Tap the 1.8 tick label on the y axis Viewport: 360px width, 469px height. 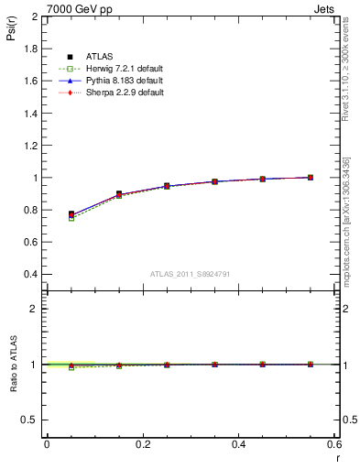[x=28, y=49]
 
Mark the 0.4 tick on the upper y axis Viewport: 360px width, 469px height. [x=28, y=274]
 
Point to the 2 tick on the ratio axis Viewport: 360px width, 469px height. [x=34, y=309]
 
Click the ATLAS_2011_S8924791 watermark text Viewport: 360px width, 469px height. [x=190, y=273]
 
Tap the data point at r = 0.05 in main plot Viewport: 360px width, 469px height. [x=71, y=214]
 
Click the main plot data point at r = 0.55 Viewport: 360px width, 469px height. [x=311, y=177]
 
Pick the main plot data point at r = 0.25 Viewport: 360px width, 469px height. [x=167, y=186]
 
